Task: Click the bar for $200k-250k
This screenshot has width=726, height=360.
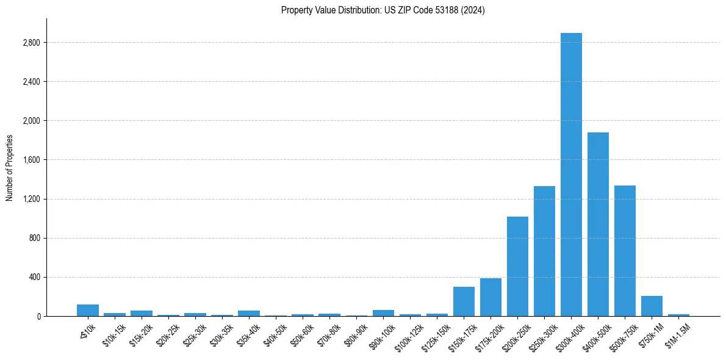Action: pyautogui.click(x=517, y=267)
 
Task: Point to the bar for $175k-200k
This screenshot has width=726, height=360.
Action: pyautogui.click(x=491, y=297)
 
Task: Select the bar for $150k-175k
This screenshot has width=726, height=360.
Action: pyautogui.click(x=464, y=301)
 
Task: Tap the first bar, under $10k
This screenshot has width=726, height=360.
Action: pyautogui.click(x=88, y=311)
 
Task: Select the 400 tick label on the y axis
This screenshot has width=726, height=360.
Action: pyautogui.click(x=34, y=277)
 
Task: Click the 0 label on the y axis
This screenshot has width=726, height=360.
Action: pyautogui.click(x=38, y=316)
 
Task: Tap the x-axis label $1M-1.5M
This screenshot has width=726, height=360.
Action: pyautogui.click(x=678, y=332)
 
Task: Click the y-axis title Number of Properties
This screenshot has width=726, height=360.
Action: pyautogui.click(x=9, y=168)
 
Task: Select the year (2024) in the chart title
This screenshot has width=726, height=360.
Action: pyautogui.click(x=473, y=10)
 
